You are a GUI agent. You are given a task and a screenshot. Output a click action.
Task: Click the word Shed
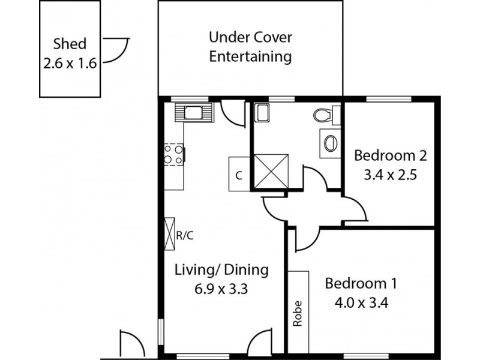pos(70,43)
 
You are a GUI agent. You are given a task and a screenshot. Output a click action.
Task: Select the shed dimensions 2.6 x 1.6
pos(70,63)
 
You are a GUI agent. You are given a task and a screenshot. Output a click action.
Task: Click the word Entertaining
pos(250,58)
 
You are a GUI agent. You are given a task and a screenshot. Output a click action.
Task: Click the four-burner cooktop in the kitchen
pos(173,155)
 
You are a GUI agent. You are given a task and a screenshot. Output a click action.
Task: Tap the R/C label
pos(185,235)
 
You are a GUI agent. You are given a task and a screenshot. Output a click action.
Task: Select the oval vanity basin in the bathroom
pos(329,143)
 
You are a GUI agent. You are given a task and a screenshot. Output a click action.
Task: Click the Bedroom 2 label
pos(390,156)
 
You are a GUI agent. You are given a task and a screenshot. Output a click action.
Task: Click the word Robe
pos(298,313)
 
